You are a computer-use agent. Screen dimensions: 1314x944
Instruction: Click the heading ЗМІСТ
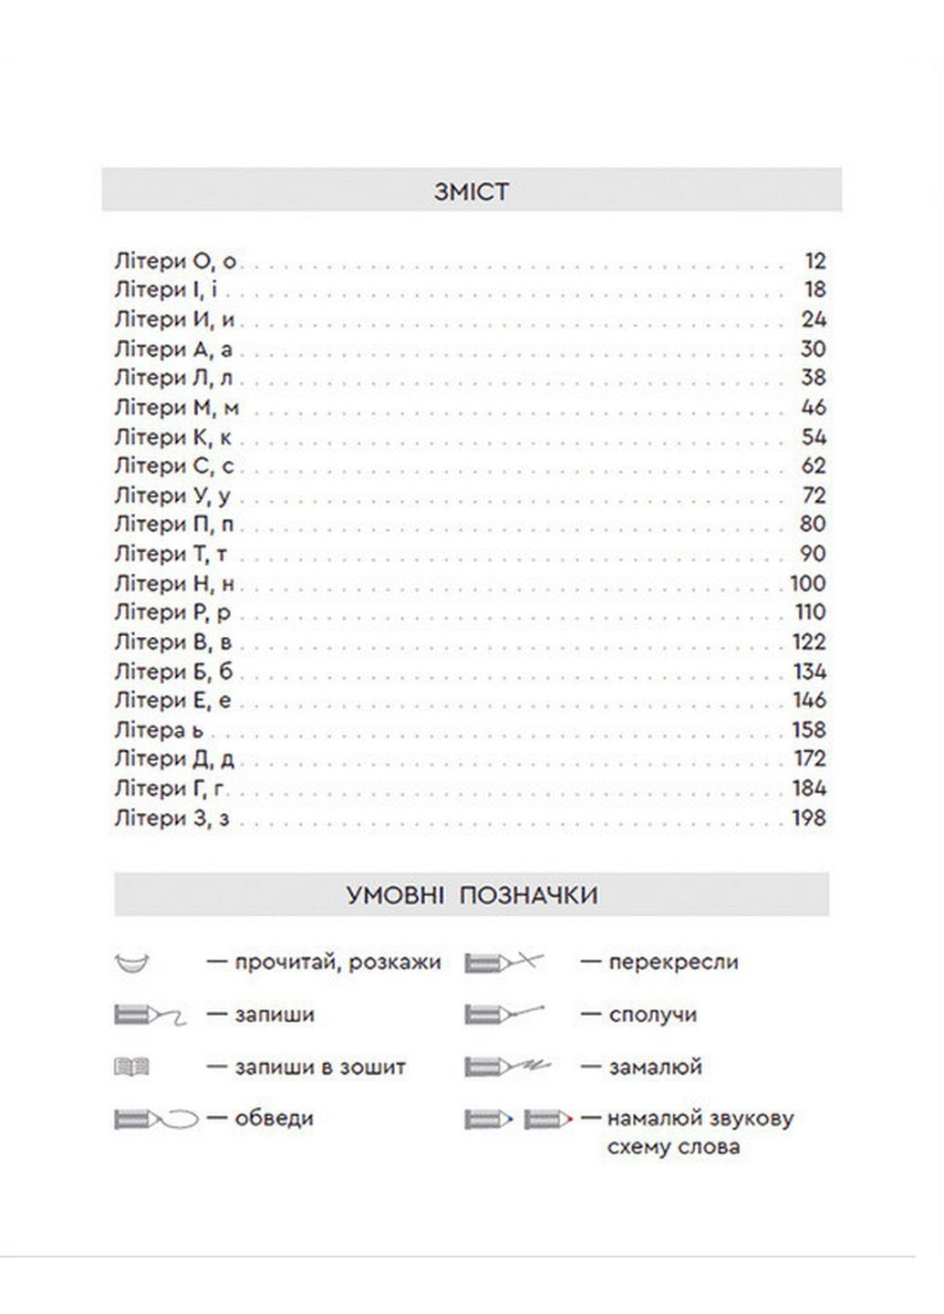point(472,192)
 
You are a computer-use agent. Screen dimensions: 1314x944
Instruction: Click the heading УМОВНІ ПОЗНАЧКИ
point(472,894)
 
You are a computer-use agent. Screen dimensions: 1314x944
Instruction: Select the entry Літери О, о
point(175,261)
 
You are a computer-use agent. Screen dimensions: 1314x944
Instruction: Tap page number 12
point(814,261)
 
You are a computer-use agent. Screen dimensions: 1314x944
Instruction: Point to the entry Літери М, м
point(177,407)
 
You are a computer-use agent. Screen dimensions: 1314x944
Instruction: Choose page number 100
point(807,583)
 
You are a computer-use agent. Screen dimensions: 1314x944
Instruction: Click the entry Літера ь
point(160,730)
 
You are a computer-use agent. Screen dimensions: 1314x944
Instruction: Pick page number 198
point(808,818)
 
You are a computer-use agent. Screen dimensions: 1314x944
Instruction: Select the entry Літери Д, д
point(174,759)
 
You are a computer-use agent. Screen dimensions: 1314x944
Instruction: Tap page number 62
point(814,466)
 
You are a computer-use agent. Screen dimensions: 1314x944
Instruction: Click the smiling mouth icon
point(133,962)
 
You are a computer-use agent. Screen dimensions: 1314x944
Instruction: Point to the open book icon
point(132,1066)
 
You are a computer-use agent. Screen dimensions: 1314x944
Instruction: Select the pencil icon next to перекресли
point(503,962)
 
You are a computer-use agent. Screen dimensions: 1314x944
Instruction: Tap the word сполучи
point(652,1015)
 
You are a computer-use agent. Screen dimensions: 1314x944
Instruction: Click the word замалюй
point(655,1067)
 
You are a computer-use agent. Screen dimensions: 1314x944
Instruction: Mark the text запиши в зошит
point(319,1067)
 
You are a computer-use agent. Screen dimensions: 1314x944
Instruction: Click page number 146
point(808,701)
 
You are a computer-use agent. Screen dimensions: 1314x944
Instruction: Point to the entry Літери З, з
point(171,818)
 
